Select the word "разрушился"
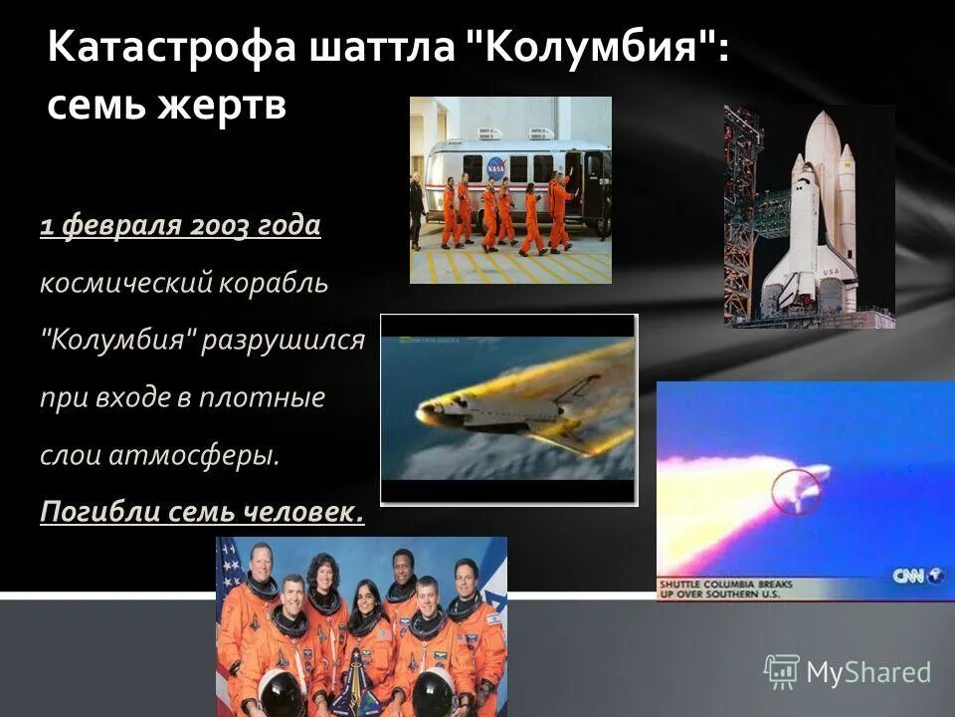coord(284,342)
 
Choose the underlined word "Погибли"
coord(92,513)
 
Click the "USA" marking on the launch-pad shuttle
coord(832,273)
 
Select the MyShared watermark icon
coord(781,672)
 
